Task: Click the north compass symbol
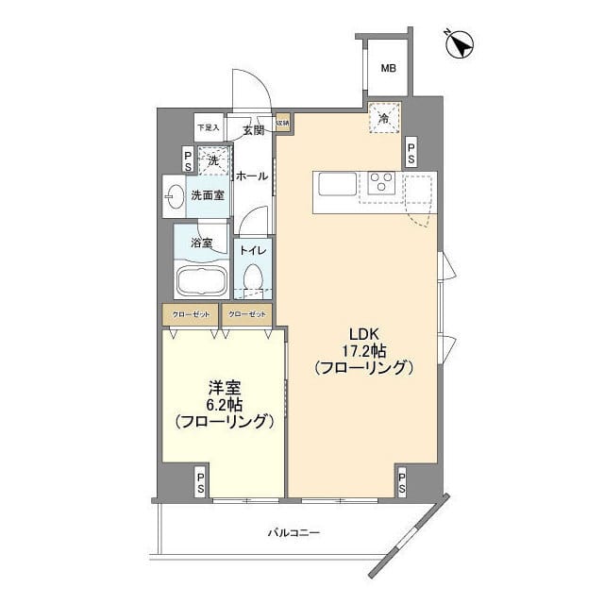(460, 42)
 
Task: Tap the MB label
(388, 67)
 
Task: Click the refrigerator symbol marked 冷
(384, 119)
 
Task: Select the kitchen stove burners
(381, 183)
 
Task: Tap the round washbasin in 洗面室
(175, 196)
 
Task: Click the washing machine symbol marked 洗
(214, 160)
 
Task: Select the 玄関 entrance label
(252, 130)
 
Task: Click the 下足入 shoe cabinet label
(207, 126)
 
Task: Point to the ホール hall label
(250, 176)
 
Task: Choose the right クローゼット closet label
(247, 314)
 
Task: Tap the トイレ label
(252, 250)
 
